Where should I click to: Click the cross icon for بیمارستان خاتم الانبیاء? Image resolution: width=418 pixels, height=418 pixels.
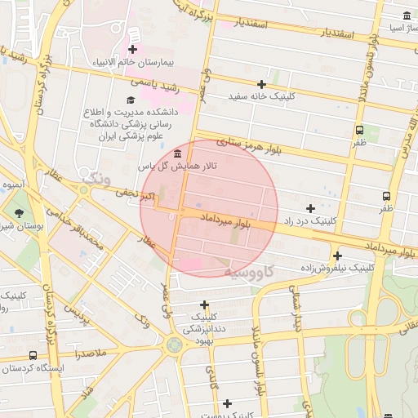pos(131,50)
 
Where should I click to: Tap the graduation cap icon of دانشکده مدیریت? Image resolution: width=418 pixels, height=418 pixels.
pos(131,100)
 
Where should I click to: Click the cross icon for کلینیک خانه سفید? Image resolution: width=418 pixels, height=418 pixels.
pos(261,84)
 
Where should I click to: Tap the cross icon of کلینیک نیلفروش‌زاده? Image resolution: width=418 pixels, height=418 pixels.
pos(336,256)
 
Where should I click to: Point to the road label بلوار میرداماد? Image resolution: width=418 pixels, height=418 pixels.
pos(220,217)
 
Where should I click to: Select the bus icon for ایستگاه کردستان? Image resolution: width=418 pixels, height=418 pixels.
pos(32,356)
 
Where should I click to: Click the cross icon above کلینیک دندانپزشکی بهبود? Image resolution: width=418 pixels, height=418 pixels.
pos(203,305)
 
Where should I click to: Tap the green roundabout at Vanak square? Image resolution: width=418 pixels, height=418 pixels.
pos(173,345)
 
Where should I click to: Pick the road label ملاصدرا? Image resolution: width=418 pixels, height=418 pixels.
pos(87,354)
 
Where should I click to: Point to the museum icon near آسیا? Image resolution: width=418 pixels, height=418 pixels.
pos(407,16)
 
